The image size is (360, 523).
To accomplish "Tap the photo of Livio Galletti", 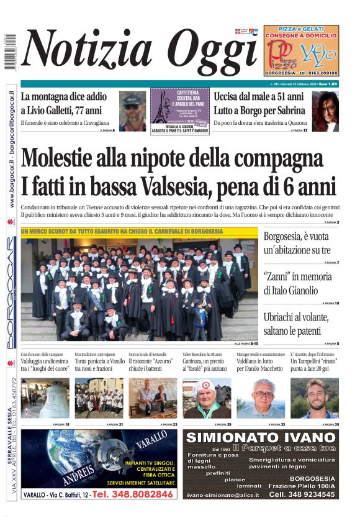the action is click(x=132, y=111).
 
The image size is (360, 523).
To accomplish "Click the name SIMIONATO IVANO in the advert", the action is click(x=261, y=437).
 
